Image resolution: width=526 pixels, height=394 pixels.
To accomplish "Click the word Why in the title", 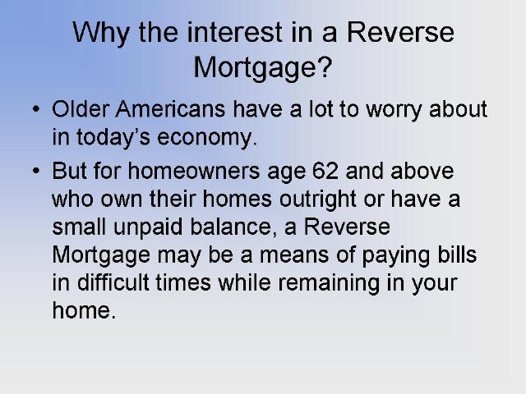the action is (x=101, y=34).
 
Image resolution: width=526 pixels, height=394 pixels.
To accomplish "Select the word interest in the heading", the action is (x=235, y=32).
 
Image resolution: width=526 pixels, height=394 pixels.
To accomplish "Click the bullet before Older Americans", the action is (x=36, y=109).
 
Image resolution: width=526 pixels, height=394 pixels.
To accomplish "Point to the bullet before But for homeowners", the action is (x=36, y=171).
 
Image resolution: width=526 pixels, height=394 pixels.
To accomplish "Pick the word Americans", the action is (x=170, y=109).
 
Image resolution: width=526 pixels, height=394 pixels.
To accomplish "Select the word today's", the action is (x=113, y=137).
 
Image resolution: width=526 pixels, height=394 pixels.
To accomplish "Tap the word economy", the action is (x=206, y=139).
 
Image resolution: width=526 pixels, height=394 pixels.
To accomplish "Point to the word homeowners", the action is (x=194, y=171).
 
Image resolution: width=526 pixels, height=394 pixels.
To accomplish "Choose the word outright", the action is (x=318, y=200).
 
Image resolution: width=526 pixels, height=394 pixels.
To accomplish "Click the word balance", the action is (x=233, y=227).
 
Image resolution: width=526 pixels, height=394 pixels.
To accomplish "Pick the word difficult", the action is (x=113, y=282).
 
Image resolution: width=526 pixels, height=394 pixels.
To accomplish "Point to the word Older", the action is (x=81, y=109).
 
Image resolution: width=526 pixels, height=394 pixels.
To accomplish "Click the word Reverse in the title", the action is (x=400, y=32).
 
